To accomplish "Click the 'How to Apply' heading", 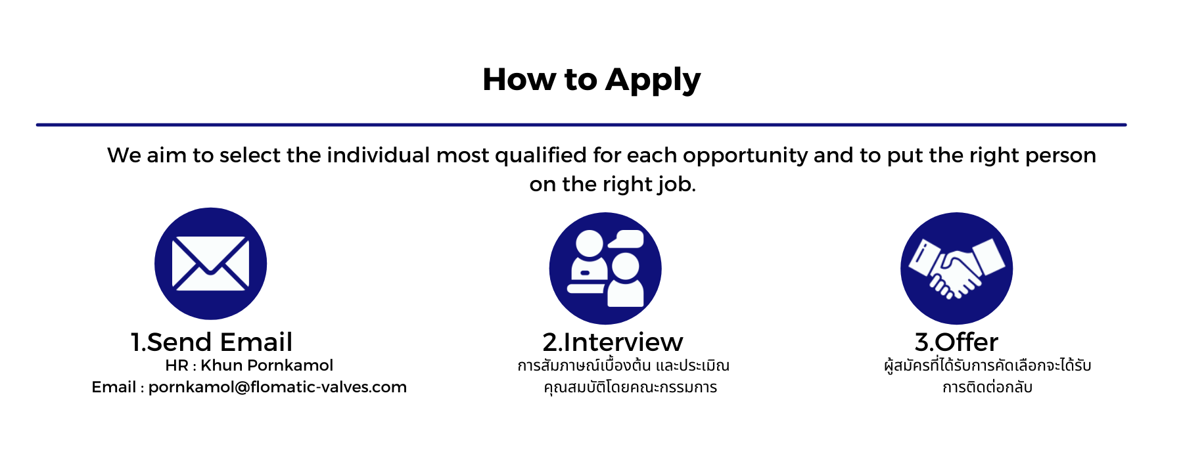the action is coord(591,80).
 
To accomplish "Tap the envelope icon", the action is coord(210,264).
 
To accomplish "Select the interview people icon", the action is coord(605,268).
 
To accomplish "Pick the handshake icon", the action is coord(956,268).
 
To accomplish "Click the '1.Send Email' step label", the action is coord(212,342).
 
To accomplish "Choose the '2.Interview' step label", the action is coord(613,342).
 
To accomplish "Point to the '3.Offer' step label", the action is coord(956,342).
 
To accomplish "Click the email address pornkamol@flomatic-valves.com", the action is coord(277,388).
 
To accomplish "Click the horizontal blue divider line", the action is coord(581,124).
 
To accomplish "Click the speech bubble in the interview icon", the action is coord(626,239).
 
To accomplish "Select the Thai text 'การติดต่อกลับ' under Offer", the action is coord(987,387).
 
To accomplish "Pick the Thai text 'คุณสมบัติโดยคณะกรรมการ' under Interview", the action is coord(630,387).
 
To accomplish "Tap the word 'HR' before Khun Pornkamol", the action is coord(177,365).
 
